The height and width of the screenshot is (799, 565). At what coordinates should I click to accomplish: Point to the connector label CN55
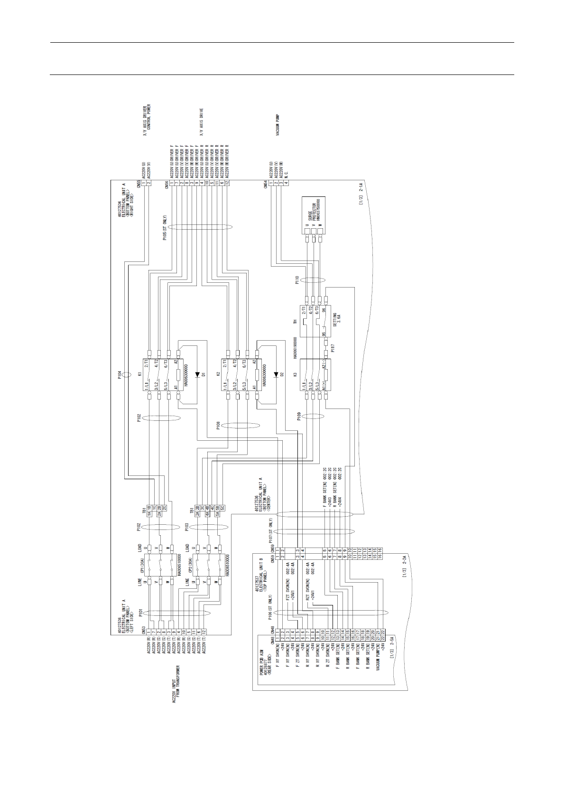point(139,184)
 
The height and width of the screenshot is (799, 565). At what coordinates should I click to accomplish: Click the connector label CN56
point(167,184)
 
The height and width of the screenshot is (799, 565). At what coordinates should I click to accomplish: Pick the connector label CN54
point(265,184)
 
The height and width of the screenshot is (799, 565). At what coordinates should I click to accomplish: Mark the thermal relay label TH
point(295,322)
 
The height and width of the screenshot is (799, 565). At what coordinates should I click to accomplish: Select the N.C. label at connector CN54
point(286,169)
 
